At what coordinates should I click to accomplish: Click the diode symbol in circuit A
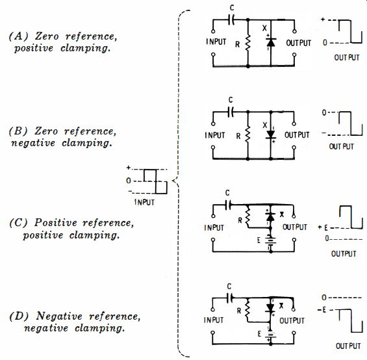coord(271,42)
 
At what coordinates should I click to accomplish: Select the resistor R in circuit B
coord(247,135)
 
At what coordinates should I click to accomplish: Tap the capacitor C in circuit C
coord(228,205)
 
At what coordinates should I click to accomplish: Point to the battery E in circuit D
coord(271,335)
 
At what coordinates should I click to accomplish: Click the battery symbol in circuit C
coord(270,241)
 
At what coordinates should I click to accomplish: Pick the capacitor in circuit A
coord(231,20)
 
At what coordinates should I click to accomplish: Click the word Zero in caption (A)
coord(47,36)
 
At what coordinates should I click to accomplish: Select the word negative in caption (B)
coord(33,143)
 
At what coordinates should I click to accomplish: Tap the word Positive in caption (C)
coord(56,222)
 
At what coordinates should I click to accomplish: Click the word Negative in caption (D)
coord(59,316)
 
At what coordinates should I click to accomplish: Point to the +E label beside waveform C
coord(323,227)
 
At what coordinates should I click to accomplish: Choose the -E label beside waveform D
coord(322,310)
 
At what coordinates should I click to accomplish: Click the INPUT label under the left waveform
coord(144,202)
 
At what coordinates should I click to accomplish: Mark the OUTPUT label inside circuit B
coord(297,135)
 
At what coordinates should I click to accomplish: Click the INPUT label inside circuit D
coord(214,320)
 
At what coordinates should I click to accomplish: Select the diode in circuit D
coord(270,308)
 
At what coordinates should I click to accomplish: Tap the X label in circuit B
coord(265,125)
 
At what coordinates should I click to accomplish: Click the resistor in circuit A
coord(248,43)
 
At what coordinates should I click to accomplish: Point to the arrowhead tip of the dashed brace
coord(172,181)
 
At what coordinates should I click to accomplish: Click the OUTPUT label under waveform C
coord(344,253)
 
